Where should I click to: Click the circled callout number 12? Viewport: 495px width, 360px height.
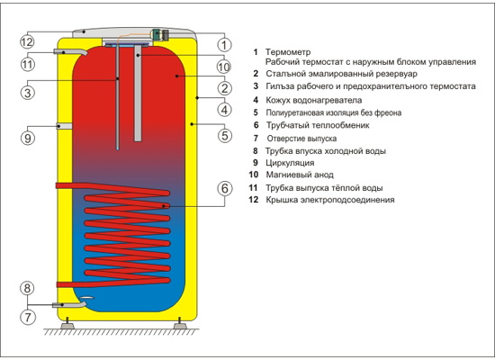[x=27, y=41]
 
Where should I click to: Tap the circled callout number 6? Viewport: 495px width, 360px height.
[x=224, y=188]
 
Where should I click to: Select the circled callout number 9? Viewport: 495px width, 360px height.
[x=28, y=138]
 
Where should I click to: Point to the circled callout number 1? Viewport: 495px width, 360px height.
[x=224, y=45]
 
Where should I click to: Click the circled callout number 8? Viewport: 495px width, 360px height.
[x=27, y=288]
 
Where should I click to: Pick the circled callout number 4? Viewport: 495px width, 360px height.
[x=224, y=110]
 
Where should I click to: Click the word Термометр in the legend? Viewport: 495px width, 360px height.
[x=288, y=52]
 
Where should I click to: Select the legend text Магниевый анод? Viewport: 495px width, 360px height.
[x=300, y=175]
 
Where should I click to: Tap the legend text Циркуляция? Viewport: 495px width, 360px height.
[x=290, y=163]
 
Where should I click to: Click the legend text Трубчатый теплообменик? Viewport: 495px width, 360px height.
[x=318, y=125]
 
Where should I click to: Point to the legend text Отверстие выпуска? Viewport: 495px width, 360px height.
[x=301, y=139]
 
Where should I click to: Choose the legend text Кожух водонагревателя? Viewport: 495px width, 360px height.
[x=313, y=101]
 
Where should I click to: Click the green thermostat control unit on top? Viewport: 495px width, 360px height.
[x=159, y=34]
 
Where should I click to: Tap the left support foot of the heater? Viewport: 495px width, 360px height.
[x=67, y=324]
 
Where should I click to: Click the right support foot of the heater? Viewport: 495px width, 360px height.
[x=180, y=324]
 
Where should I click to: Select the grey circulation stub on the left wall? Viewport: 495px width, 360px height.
[x=65, y=126]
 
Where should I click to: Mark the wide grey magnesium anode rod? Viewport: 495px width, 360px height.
[x=138, y=94]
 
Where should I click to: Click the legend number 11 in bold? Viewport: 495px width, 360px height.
[x=253, y=188]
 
